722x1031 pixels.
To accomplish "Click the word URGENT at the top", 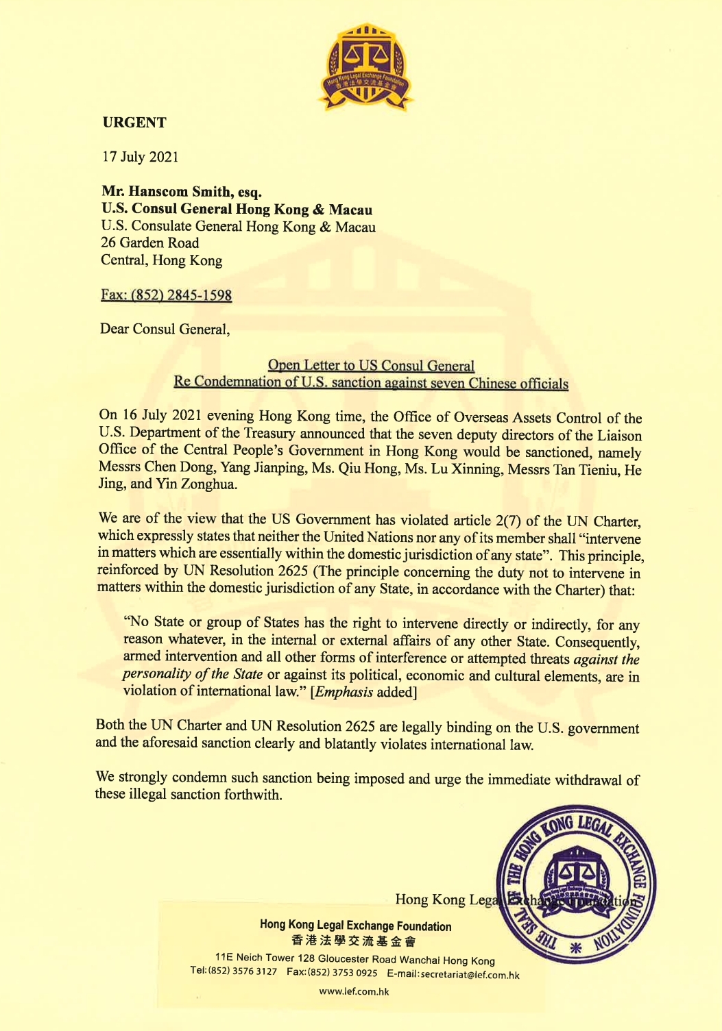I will tap(134, 123).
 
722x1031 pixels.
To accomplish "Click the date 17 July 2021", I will tap(141, 157).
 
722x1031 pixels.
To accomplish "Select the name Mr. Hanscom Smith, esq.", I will tap(182, 192).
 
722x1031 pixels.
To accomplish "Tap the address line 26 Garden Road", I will tap(149, 243).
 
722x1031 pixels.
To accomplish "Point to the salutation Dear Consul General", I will tap(165, 330).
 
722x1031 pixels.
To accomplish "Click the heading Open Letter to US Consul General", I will tap(371, 366).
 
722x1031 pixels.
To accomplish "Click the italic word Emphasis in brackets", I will tap(344, 692).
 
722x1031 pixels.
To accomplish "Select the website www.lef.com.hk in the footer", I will tap(354, 991).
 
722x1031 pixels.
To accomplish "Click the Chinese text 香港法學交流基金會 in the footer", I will tap(354, 942).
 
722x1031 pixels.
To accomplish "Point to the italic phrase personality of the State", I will tap(193, 674).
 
